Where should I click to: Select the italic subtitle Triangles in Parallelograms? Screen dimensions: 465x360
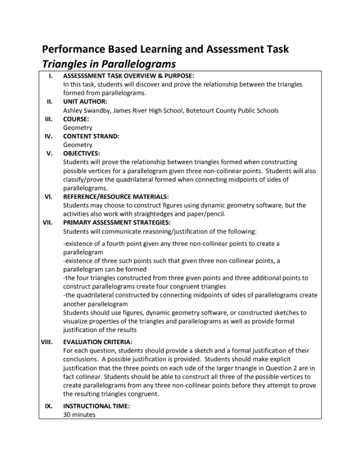pyautogui.click(x=109, y=64)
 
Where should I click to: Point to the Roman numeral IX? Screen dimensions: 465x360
pyautogui.click(x=49, y=406)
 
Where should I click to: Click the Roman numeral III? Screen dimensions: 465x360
pyautogui.click(x=49, y=119)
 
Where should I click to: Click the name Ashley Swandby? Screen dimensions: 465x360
pyautogui.click(x=86, y=110)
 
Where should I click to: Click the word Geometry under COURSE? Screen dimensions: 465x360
pyautogui.click(x=77, y=128)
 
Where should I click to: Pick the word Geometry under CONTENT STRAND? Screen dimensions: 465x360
pyautogui.click(x=77, y=145)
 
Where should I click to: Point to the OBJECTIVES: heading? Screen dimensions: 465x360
pyautogui.click(x=81, y=153)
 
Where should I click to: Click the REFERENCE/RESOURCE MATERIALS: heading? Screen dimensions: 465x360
pyautogui.click(x=116, y=197)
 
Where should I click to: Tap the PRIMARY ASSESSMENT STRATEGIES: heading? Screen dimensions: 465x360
pyautogui.click(x=116, y=222)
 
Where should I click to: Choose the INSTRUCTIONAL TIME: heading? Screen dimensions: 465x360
pyautogui.click(x=96, y=406)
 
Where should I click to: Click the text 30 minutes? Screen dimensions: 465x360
pyautogui.click(x=79, y=415)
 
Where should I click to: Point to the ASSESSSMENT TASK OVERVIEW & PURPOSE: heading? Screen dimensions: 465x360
pyautogui.click(x=129, y=76)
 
